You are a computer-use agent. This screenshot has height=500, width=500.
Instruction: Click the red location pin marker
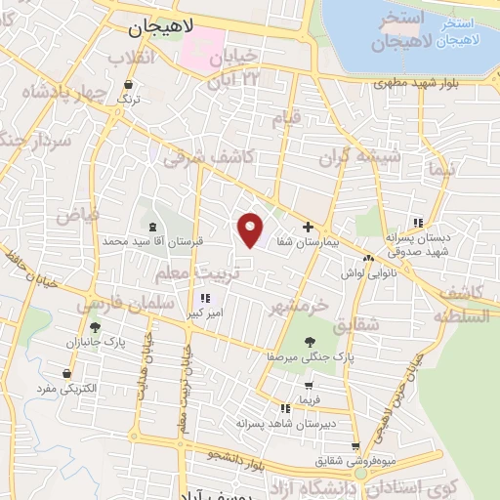[251, 229]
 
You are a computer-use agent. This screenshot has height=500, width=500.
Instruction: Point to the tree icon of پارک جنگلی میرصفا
[310, 342]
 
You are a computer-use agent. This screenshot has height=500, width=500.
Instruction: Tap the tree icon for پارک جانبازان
[95, 328]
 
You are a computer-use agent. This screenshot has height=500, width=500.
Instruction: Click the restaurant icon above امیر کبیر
[205, 298]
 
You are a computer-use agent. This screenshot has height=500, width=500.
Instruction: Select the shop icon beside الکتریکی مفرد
[66, 373]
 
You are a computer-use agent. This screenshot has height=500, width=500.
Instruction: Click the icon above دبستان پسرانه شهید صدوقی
[418, 223]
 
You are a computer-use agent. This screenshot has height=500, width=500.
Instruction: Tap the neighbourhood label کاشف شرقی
[208, 155]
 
